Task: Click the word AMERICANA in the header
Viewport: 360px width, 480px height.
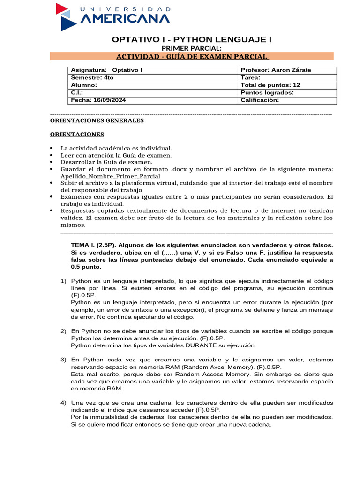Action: pos(126,19)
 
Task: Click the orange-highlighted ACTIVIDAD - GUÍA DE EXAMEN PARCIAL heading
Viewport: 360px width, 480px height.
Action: pos(192,57)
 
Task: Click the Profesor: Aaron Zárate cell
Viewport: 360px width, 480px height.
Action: pos(287,70)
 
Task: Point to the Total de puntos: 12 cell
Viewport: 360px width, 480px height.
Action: pos(287,85)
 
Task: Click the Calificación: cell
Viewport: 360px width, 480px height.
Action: pos(287,100)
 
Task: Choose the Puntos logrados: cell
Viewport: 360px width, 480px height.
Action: pos(287,93)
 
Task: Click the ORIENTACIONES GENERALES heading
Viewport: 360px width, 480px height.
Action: pos(97,120)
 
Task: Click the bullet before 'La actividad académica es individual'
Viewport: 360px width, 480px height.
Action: pos(52,148)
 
